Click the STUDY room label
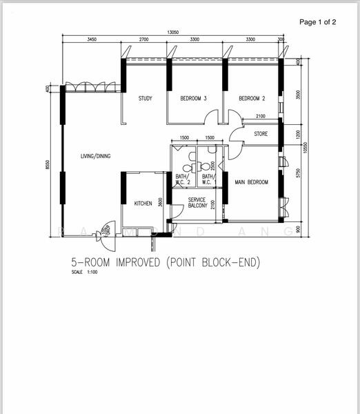145,99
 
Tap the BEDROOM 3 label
194,99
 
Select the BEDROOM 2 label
252,99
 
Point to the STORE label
261,134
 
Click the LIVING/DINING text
94,157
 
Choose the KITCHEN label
143,204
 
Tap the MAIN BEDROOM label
252,182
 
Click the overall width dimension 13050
174,32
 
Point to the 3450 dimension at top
92,40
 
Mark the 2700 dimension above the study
144,40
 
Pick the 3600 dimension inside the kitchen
160,201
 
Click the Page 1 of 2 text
318,22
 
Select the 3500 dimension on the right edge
298,95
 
